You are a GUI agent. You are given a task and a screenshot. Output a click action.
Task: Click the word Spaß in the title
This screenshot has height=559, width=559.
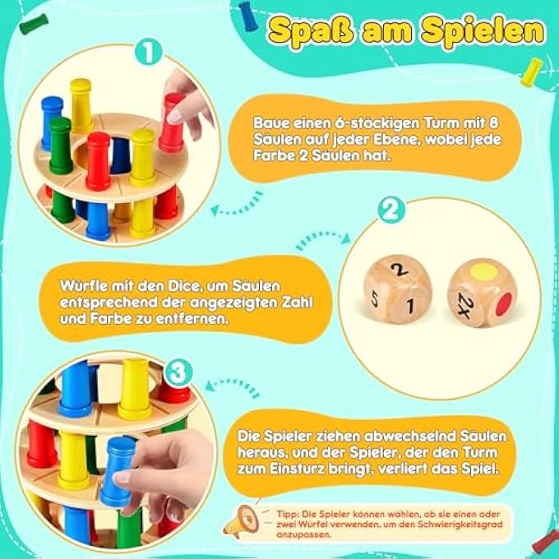pyautogui.click(x=311, y=32)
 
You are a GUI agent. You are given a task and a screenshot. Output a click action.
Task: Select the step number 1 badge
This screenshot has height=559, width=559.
pyautogui.click(x=148, y=53)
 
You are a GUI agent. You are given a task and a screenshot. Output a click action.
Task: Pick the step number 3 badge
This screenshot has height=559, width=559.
pyautogui.click(x=178, y=373)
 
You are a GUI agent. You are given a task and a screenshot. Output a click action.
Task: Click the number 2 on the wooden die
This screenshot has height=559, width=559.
pyautogui.click(x=400, y=269)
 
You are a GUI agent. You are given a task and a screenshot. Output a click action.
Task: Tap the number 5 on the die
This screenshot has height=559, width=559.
pyautogui.click(x=374, y=298)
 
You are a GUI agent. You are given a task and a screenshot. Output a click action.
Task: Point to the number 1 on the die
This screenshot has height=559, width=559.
pyautogui.click(x=411, y=306)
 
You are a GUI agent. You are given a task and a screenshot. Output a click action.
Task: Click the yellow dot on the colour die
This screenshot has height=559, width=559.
pyautogui.click(x=483, y=272)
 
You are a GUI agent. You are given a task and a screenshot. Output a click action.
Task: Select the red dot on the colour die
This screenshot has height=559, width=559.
pyautogui.click(x=505, y=304)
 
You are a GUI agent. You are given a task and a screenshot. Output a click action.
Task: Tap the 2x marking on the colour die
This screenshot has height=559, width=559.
pyautogui.click(x=466, y=305)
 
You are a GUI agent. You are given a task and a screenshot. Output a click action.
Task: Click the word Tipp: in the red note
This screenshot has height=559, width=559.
pyautogui.click(x=288, y=515)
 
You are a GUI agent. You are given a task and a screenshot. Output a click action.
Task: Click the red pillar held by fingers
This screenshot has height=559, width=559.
pyautogui.click(x=172, y=122)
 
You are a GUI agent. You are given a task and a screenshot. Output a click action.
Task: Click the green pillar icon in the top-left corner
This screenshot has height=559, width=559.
pyautogui.click(x=34, y=24)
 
